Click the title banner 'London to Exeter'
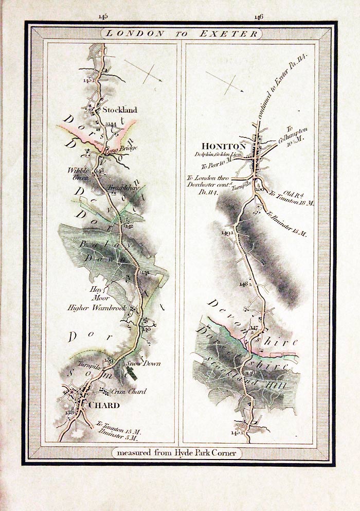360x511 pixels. (x=181, y=34)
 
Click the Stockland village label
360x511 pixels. (x=119, y=110)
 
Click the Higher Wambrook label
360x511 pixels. (x=97, y=308)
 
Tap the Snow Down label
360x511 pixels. (x=143, y=363)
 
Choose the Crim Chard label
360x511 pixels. (x=129, y=392)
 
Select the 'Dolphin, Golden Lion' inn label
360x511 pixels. (x=218, y=154)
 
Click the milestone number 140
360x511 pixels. (x=147, y=329)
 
